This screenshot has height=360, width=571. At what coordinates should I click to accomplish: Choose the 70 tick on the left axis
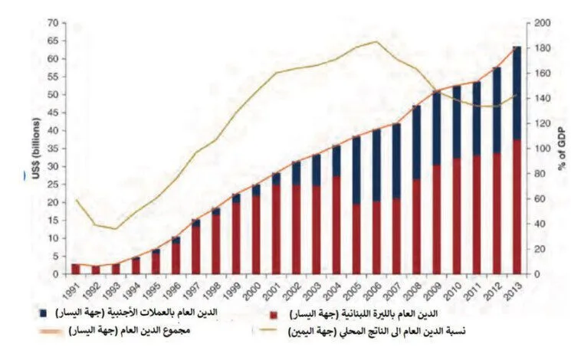point(53,22)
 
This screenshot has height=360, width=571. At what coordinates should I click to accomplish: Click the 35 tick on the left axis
point(53,148)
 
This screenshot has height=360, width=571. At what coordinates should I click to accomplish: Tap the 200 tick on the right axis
point(540,22)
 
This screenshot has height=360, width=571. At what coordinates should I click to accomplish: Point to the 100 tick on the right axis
point(540,148)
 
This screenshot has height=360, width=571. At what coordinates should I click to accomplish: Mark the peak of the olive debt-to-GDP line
point(376,41)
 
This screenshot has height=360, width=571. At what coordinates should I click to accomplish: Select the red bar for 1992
point(95,270)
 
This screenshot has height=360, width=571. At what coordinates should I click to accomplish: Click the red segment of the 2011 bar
point(476,214)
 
